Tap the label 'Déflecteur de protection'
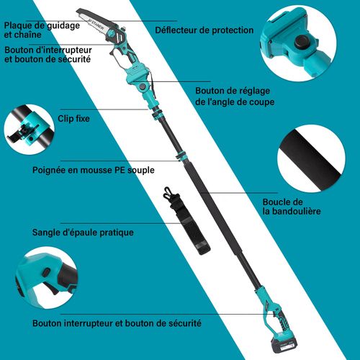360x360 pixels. (x=204, y=30)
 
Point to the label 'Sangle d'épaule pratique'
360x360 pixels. (x=83, y=233)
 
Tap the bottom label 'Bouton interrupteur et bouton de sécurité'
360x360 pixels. (x=116, y=324)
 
